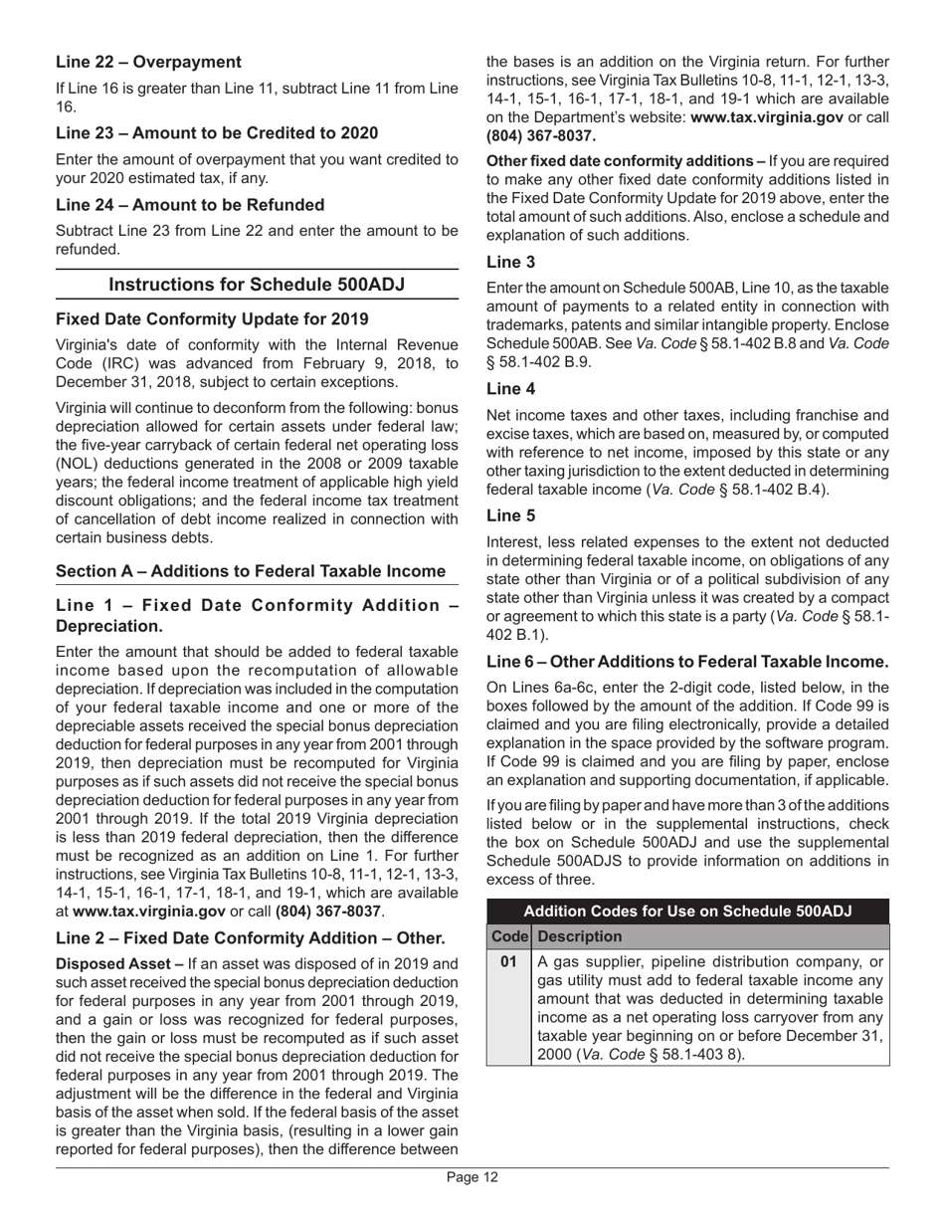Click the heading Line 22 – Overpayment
pos(148,62)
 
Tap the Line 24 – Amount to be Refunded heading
pos(190,205)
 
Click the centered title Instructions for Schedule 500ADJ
pos(257,285)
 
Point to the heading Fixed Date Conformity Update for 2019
pos(212,319)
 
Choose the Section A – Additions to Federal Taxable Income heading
pos(250,571)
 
